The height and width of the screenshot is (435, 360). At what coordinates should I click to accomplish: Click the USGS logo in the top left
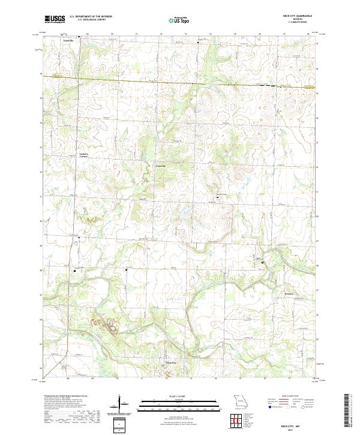55,19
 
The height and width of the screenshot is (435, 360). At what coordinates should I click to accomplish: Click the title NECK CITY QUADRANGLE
301,16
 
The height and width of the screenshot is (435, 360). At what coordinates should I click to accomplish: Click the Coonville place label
160,166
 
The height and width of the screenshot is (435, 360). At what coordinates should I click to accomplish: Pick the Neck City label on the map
172,362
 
